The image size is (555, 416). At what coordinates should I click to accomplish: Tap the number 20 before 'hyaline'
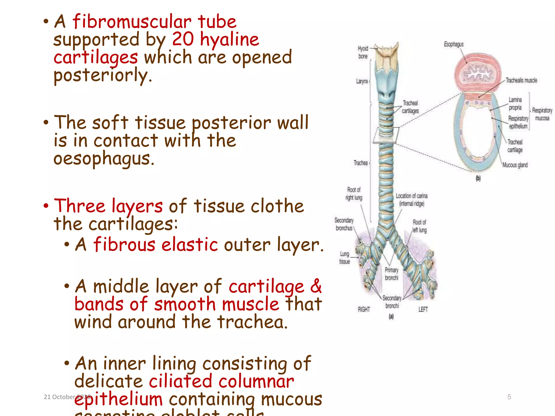(183, 39)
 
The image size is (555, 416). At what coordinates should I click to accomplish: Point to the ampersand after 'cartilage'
(316, 286)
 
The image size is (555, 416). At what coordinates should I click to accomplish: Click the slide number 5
(509, 397)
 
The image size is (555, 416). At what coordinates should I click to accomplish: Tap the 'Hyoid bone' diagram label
(363, 52)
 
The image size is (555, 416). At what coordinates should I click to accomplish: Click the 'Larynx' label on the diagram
(362, 81)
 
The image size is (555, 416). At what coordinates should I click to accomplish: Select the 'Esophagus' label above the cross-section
(454, 44)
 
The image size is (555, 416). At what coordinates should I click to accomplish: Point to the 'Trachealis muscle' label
(521, 80)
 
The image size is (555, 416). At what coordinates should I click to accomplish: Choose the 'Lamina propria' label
(515, 104)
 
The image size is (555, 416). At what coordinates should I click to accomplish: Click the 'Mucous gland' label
(515, 165)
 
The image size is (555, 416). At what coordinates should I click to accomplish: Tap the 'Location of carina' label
(411, 200)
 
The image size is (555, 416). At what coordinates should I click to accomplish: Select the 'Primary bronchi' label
(392, 274)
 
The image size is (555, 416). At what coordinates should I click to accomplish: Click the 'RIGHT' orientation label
(364, 309)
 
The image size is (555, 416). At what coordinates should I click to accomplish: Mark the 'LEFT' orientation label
(423, 309)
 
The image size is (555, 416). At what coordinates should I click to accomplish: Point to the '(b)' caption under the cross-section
(478, 178)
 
